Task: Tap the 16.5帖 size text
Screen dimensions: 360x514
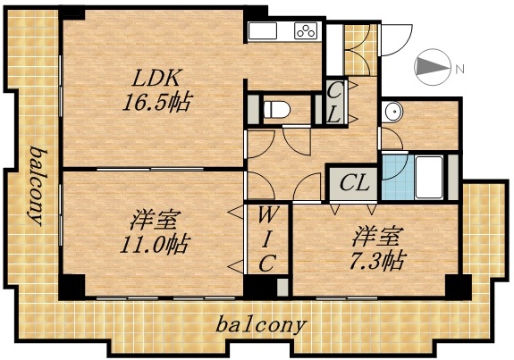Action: point(156,101)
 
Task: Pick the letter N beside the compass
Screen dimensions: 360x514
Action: point(459,69)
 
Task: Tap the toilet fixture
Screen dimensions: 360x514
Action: point(277,110)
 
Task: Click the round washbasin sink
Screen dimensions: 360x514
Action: point(392,113)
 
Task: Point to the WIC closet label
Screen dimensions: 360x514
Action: point(267,238)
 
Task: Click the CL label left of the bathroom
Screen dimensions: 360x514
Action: point(356,184)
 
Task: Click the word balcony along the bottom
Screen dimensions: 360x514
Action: point(261,324)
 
